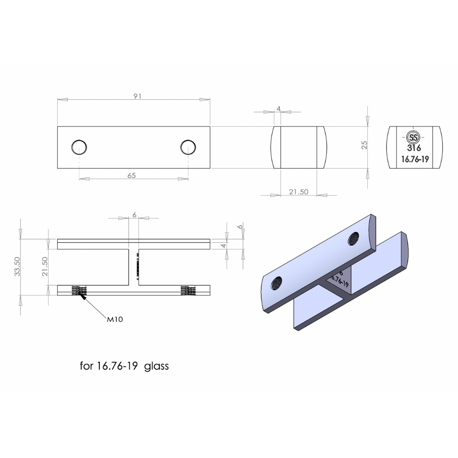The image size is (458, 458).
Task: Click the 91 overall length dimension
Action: click(x=137, y=96)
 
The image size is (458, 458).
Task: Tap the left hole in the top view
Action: click(x=79, y=147)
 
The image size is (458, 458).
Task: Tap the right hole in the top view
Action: click(x=188, y=147)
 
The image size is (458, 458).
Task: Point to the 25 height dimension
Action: click(x=365, y=145)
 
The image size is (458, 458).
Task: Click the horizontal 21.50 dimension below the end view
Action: click(x=298, y=192)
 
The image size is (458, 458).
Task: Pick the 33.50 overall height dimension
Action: click(x=17, y=266)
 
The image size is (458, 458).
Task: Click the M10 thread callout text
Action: click(x=115, y=319)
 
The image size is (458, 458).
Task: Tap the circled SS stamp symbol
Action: click(x=414, y=137)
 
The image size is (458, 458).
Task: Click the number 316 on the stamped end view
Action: click(x=414, y=148)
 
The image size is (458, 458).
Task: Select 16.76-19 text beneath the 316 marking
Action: click(x=414, y=159)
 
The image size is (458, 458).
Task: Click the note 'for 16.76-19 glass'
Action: click(x=124, y=366)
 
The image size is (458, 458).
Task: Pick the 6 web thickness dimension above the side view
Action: click(x=134, y=215)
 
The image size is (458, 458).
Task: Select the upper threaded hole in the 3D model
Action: click(x=354, y=238)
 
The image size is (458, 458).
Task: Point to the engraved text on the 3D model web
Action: click(x=339, y=279)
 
